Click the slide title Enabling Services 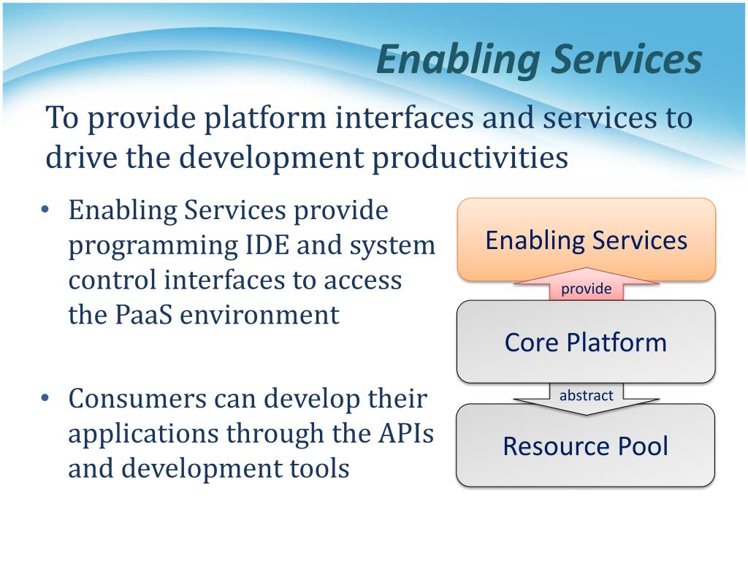(538, 60)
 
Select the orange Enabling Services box (586, 240)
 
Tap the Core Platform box (586, 342)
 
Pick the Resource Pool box (586, 446)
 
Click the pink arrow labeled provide (586, 289)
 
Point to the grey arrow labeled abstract (586, 397)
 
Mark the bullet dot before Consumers (45, 399)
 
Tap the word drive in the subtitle (79, 157)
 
